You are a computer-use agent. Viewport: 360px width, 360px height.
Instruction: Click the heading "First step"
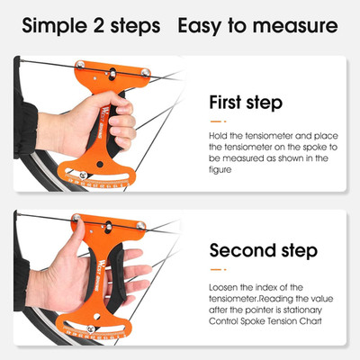(x=246, y=103)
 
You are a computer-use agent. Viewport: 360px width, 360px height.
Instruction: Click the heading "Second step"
(x=264, y=250)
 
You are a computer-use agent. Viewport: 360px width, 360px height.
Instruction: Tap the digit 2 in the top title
(x=99, y=25)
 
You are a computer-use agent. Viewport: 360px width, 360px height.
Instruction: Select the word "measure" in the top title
(x=295, y=26)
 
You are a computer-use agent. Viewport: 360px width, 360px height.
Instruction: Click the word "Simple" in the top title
(x=55, y=26)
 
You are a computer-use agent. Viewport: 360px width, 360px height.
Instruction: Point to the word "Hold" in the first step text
(x=218, y=136)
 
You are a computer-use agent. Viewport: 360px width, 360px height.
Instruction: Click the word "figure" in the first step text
(x=220, y=170)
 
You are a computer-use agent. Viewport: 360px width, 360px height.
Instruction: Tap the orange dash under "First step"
(x=218, y=121)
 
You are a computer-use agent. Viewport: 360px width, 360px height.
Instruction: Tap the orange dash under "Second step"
(x=218, y=269)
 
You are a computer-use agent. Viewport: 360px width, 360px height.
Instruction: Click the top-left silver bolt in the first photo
(x=80, y=65)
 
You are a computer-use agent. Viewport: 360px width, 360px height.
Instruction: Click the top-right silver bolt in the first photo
(x=146, y=72)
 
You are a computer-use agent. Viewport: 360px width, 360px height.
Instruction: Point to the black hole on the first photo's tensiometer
(x=100, y=164)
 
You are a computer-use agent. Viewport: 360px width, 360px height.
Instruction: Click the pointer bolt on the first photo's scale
(x=83, y=175)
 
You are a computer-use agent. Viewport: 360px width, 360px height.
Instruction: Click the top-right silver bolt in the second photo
(x=140, y=226)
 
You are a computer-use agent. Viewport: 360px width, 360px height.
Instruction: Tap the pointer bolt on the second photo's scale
(x=91, y=328)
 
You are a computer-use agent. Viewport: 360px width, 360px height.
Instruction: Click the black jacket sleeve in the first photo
(x=25, y=128)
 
